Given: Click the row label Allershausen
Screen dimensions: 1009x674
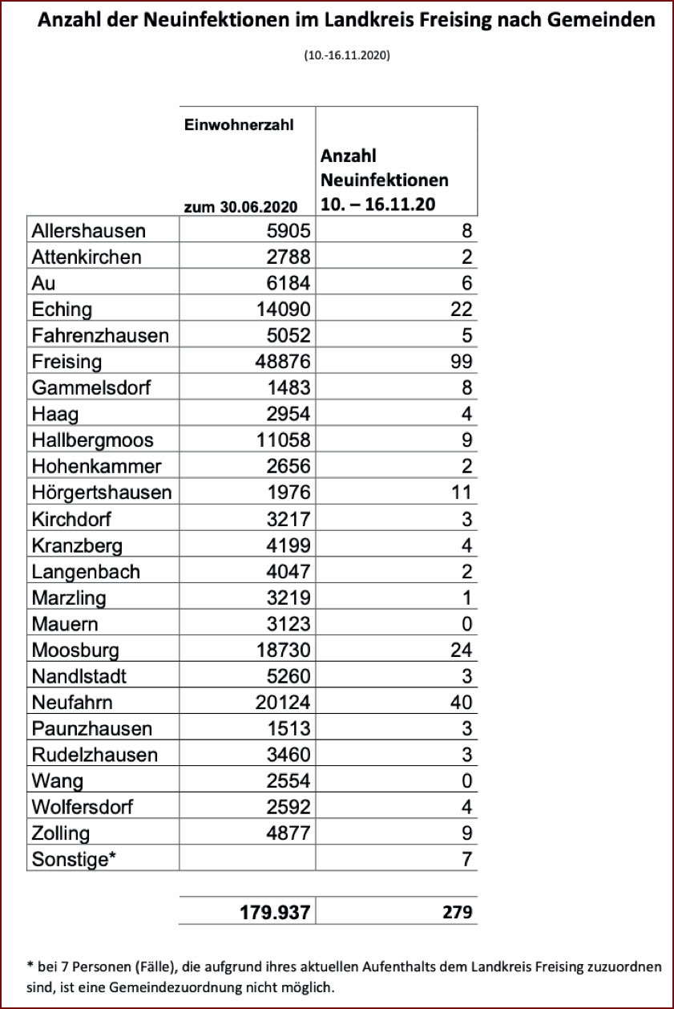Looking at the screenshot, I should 89,231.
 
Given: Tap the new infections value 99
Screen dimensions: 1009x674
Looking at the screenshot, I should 461,362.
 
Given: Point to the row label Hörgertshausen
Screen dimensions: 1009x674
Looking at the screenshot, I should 102,492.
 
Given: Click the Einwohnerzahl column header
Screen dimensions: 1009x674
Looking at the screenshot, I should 239,125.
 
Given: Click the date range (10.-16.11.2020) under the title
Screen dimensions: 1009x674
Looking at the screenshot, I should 347,56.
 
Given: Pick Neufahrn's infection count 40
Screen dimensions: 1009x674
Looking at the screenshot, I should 461,703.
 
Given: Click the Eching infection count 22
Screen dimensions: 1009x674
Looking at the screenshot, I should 461,310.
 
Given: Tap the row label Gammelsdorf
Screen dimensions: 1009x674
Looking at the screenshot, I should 91,388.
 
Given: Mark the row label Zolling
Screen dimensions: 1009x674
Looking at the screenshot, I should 61,833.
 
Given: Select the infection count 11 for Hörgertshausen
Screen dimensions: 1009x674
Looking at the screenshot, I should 462,492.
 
